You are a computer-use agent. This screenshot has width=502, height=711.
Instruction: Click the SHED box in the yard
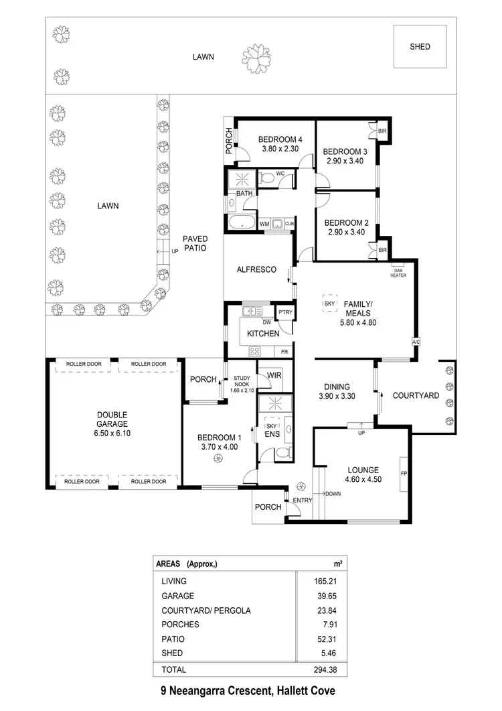point(420,47)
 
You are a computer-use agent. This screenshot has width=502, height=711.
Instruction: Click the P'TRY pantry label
point(284,314)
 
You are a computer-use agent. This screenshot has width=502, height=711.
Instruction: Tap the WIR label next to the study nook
point(274,375)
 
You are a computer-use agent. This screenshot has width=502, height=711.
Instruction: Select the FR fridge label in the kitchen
point(284,351)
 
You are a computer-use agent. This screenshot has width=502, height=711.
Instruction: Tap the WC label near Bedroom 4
point(280,174)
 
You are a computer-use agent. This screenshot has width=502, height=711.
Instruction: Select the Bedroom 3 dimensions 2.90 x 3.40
point(344,161)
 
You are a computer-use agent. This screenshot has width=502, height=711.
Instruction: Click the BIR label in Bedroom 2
point(383,250)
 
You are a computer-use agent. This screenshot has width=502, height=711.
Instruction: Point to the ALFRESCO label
point(256,269)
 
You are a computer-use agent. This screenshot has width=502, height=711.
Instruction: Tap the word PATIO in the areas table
point(171,639)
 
